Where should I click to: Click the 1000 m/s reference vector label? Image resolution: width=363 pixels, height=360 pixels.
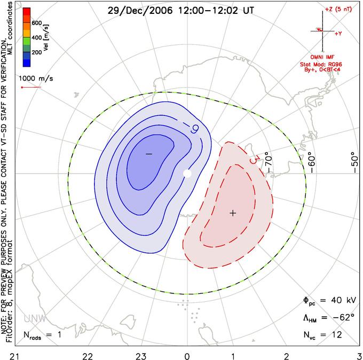(x=36, y=78)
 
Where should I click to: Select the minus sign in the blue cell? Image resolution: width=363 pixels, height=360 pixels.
(x=149, y=154)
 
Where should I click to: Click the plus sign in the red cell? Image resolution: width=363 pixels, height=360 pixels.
(x=233, y=213)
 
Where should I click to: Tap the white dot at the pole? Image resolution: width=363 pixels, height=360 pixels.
(x=187, y=174)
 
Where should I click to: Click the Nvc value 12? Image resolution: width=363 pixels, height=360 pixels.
(x=336, y=335)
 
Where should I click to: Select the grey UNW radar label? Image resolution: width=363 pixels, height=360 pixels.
(x=35, y=319)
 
